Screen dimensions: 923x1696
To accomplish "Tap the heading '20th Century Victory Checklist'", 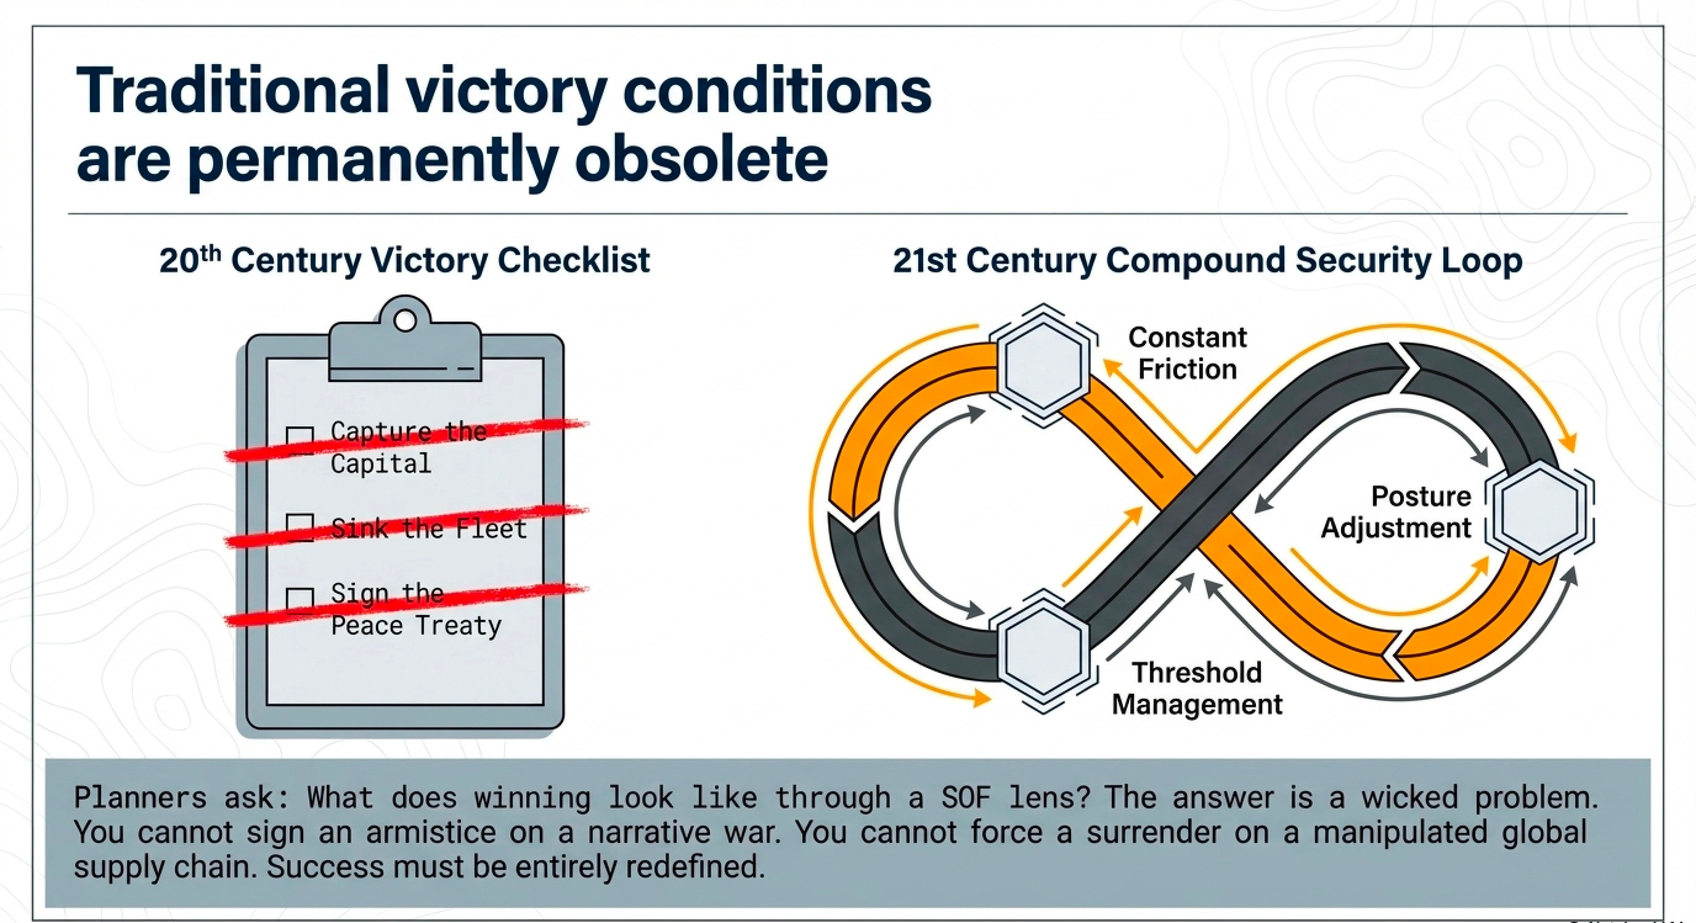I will (x=404, y=260).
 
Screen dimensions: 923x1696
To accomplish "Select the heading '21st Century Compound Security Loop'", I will (x=1207, y=260).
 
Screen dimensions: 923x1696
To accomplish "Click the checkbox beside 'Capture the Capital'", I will (x=300, y=440).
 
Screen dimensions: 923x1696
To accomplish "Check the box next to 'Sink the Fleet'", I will (x=300, y=527).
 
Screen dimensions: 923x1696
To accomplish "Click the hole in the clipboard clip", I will (x=405, y=320).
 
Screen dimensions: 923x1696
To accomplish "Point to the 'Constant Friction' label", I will (x=1187, y=354).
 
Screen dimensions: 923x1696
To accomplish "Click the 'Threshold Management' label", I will (x=1197, y=689).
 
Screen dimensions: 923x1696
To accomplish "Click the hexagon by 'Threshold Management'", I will (x=1043, y=651).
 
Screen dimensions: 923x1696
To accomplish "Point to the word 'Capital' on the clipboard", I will (x=380, y=464).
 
